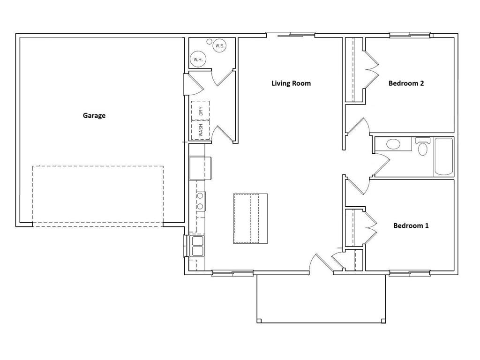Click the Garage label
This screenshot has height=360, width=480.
coord(94,116)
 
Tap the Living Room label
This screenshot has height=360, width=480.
coord(291,83)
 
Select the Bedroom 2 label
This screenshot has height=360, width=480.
coord(406,83)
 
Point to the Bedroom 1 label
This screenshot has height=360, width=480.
coord(411,225)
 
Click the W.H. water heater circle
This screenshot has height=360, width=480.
coord(198,60)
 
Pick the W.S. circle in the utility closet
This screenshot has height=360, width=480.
coord(219,46)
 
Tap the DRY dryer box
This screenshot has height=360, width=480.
coord(201,111)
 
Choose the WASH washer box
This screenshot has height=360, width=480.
coord(201,130)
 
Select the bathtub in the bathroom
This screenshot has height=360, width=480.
coord(443,157)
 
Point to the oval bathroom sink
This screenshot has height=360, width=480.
coord(393,144)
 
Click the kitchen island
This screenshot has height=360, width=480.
coord(250,218)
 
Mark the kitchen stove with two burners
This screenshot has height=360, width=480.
coord(201,201)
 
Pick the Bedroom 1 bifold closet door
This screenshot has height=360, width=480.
coord(371,227)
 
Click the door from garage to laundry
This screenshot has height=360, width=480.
coord(194,83)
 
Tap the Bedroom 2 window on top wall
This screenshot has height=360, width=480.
coord(410,35)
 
